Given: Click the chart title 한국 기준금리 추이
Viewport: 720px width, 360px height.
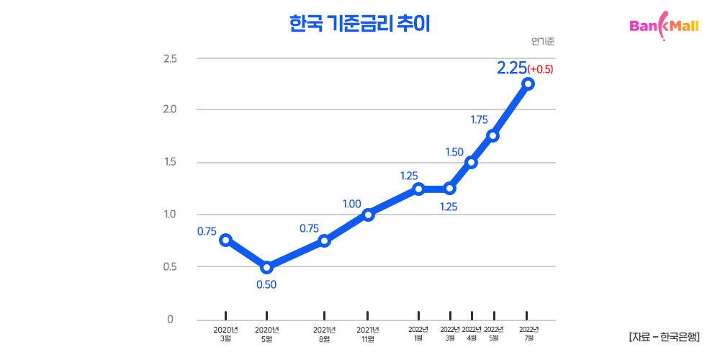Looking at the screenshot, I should point(359,24).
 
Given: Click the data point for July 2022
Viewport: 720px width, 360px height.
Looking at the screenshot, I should point(528,84).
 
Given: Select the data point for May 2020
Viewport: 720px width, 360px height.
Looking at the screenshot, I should point(266,267).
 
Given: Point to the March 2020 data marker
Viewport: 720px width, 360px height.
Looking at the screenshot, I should point(225,240).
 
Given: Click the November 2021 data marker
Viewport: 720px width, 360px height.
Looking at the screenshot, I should point(368,214).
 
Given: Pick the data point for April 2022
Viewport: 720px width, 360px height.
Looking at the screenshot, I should point(472,162).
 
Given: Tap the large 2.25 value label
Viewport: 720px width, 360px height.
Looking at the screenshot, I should point(511,68).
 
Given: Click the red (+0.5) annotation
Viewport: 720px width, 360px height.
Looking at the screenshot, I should point(540,69).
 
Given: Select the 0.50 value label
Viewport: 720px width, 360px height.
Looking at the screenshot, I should point(266,284).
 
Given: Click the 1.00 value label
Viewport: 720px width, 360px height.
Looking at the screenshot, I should point(351,204).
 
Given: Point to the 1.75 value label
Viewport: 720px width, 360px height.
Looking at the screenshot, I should point(480,120).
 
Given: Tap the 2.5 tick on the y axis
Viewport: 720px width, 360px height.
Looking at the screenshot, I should point(171,58).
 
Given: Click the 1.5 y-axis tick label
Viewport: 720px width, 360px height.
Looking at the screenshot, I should point(171,162).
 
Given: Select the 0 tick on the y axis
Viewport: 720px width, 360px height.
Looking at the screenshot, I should point(171,319).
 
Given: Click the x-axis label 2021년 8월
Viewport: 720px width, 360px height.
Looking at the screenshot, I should point(324,334).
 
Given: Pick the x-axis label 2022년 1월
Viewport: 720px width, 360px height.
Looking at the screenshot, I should point(418,334).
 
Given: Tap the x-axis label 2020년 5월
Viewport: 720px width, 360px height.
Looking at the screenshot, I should point(266,334).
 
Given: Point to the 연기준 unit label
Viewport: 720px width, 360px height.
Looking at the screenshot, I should point(543,41).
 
